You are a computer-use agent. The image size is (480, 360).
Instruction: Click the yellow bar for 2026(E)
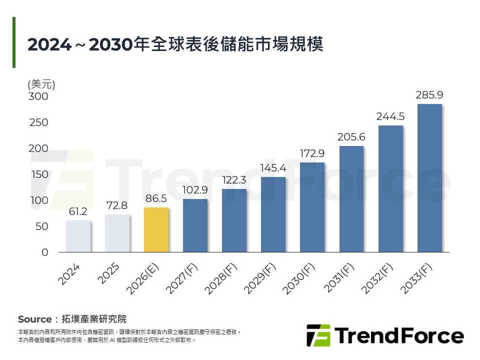pyautogui.click(x=156, y=230)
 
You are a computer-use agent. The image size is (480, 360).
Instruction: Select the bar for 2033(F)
pyautogui.click(x=429, y=178)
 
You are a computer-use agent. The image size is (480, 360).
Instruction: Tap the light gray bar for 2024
pyautogui.click(x=78, y=236)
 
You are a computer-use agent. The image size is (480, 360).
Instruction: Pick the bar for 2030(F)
pyautogui.click(x=312, y=207)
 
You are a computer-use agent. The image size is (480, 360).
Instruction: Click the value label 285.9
pyautogui.click(x=429, y=94)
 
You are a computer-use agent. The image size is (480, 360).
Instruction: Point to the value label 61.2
pyautogui.click(x=78, y=211)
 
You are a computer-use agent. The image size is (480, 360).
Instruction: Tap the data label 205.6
pyautogui.click(x=351, y=136)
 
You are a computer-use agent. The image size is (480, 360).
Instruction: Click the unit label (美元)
pyautogui.click(x=41, y=84)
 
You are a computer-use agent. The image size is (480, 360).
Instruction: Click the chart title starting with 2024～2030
pyautogui.click(x=175, y=44)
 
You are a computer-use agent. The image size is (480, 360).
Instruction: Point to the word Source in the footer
pyautogui.click(x=34, y=319)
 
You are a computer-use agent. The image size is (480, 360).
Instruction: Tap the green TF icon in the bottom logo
pyautogui.click(x=318, y=335)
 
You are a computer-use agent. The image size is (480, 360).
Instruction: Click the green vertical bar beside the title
pyautogui.click(x=14, y=42)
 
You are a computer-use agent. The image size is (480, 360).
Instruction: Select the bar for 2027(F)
pyautogui.click(x=195, y=225)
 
